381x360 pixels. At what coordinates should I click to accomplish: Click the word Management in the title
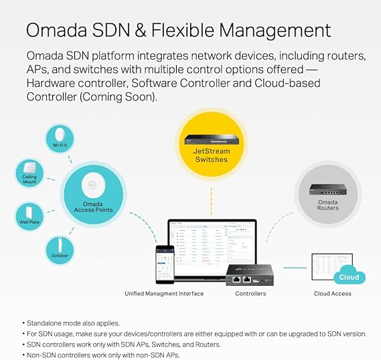click(x=275, y=31)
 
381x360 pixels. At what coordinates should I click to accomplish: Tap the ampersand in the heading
click(x=141, y=30)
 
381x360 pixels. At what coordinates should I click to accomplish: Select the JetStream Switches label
click(x=212, y=155)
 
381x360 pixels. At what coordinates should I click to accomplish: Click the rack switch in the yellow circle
click(x=211, y=140)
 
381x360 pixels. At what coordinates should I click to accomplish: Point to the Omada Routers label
click(x=328, y=205)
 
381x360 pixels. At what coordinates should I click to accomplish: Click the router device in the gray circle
click(x=328, y=189)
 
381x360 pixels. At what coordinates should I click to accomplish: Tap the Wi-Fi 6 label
click(x=60, y=145)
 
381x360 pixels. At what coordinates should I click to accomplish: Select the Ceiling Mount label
click(x=29, y=179)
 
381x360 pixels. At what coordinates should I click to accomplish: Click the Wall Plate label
click(x=29, y=222)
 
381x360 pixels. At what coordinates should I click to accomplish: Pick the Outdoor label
click(x=60, y=256)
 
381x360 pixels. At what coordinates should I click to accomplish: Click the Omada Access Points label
click(x=93, y=207)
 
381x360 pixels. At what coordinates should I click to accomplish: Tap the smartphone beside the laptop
click(x=165, y=264)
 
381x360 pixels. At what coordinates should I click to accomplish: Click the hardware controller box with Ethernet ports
click(x=250, y=275)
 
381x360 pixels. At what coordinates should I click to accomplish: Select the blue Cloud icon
click(x=349, y=275)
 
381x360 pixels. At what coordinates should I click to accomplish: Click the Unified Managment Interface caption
click(x=164, y=294)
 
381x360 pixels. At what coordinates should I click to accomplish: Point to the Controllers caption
click(x=250, y=294)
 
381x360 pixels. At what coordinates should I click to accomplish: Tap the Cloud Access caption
click(x=332, y=294)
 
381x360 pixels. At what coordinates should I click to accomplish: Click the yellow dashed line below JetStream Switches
click(x=212, y=201)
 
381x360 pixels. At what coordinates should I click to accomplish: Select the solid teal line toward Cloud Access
click(x=295, y=268)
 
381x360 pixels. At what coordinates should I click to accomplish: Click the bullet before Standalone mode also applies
click(x=23, y=323)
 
